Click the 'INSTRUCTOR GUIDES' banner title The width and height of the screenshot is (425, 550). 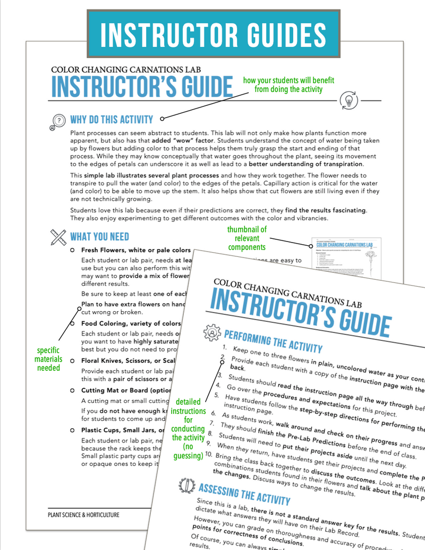click(x=212, y=33)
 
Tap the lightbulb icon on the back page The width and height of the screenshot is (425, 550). click(x=349, y=99)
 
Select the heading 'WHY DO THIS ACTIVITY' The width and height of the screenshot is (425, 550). click(x=111, y=120)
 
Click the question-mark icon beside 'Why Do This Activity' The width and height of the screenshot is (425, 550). click(x=58, y=121)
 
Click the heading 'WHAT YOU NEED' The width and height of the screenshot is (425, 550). click(x=99, y=236)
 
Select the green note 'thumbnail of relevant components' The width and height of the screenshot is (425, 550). click(x=247, y=238)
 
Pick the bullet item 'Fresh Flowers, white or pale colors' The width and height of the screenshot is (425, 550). click(x=135, y=250)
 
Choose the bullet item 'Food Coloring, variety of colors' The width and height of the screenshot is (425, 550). click(x=131, y=323)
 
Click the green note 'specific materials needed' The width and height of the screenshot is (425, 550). click(x=48, y=359)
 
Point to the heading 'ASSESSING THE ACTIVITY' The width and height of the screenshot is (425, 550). click(x=244, y=493)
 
